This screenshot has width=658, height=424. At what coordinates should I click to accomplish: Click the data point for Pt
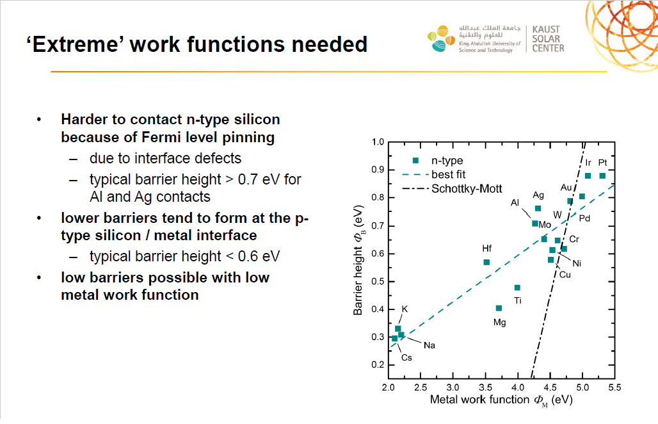(602, 176)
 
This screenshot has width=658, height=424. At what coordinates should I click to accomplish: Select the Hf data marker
(486, 263)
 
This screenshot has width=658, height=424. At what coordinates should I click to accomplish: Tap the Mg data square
(499, 308)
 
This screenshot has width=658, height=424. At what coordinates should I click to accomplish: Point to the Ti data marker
(517, 288)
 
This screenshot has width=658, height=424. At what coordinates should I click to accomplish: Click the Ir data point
(588, 176)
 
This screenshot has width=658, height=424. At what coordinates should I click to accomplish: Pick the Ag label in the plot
(538, 195)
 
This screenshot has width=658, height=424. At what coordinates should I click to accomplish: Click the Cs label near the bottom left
(406, 357)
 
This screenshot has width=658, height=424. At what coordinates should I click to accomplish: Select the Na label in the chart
(429, 345)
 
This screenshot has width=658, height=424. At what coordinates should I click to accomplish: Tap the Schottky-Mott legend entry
(452, 189)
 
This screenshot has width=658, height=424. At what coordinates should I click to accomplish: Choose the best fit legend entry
(434, 175)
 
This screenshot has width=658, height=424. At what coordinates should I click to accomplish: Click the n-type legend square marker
(415, 160)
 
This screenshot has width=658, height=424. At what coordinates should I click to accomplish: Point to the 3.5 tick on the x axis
(485, 387)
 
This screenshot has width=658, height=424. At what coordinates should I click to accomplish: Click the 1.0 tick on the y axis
(378, 142)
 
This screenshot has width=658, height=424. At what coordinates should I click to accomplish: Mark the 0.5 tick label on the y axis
(378, 281)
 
